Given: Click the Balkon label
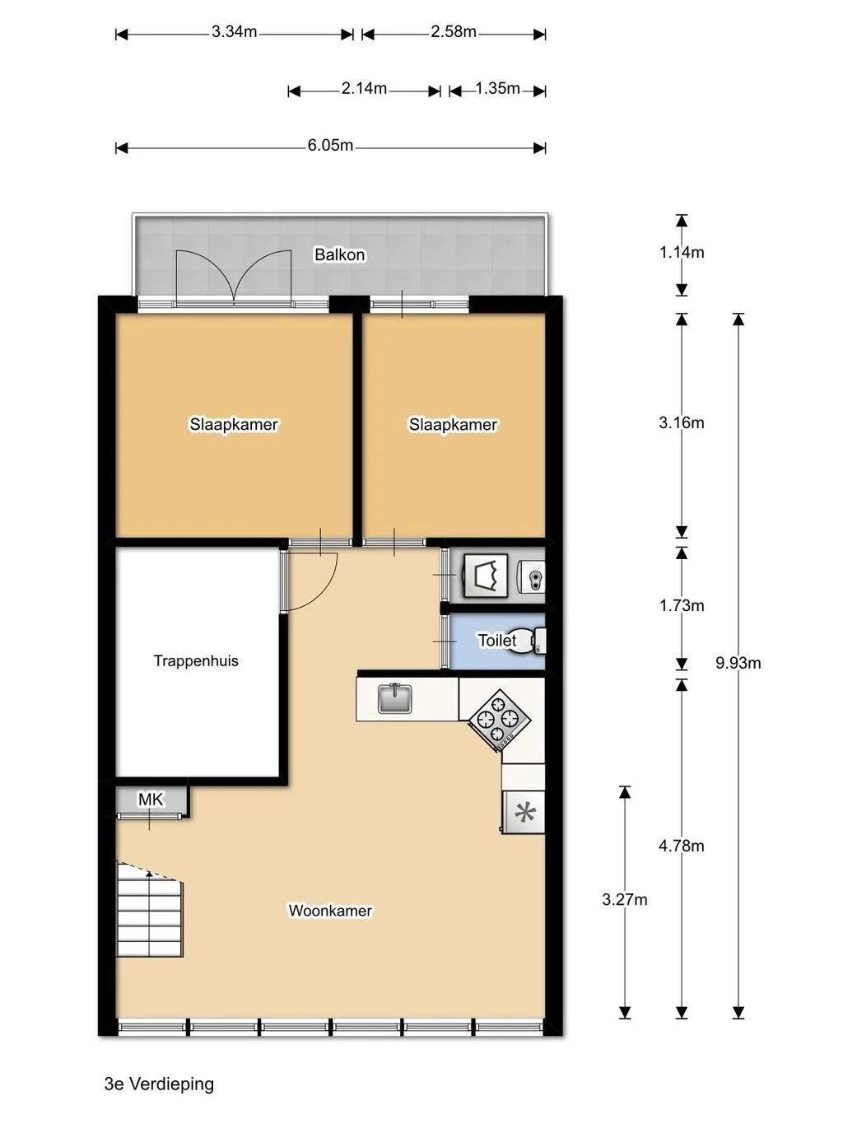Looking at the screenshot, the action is [339, 254].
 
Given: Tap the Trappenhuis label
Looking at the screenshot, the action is [196, 660].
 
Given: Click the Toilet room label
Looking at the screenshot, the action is [497, 640].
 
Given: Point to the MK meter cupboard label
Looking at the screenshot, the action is [151, 799].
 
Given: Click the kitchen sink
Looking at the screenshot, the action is [394, 698].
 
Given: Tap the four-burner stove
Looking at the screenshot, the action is [500, 720].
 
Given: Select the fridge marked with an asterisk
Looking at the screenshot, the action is [523, 812].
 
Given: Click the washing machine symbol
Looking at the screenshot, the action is [486, 576].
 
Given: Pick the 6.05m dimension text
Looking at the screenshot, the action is [330, 146].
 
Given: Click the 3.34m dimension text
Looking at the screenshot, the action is [234, 32].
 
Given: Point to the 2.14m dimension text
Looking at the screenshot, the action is [364, 89].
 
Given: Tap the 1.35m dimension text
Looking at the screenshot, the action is [497, 89].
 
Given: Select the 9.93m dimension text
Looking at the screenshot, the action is [738, 663].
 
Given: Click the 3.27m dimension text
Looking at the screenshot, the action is [625, 900].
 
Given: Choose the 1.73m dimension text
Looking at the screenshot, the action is [682, 606].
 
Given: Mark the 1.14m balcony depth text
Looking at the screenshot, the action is [682, 253].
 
